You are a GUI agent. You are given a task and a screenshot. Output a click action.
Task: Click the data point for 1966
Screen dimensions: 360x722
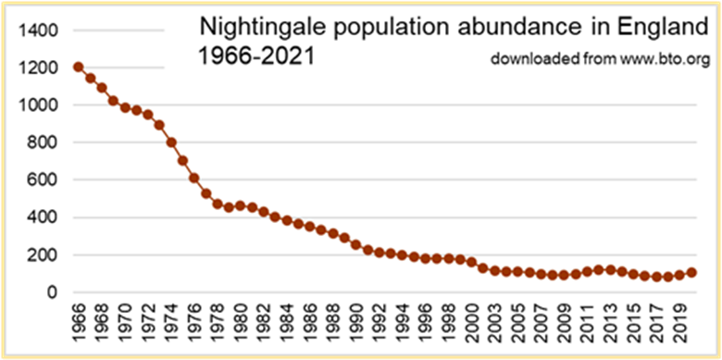click(x=78, y=67)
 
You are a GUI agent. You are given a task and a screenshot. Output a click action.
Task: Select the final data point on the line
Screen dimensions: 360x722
click(x=691, y=272)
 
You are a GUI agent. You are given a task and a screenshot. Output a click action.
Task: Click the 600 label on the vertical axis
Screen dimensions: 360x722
click(x=45, y=180)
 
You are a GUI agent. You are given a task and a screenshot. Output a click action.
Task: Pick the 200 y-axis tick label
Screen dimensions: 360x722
click(x=45, y=255)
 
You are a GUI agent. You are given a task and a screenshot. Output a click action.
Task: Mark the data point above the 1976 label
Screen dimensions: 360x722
click(x=194, y=178)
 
